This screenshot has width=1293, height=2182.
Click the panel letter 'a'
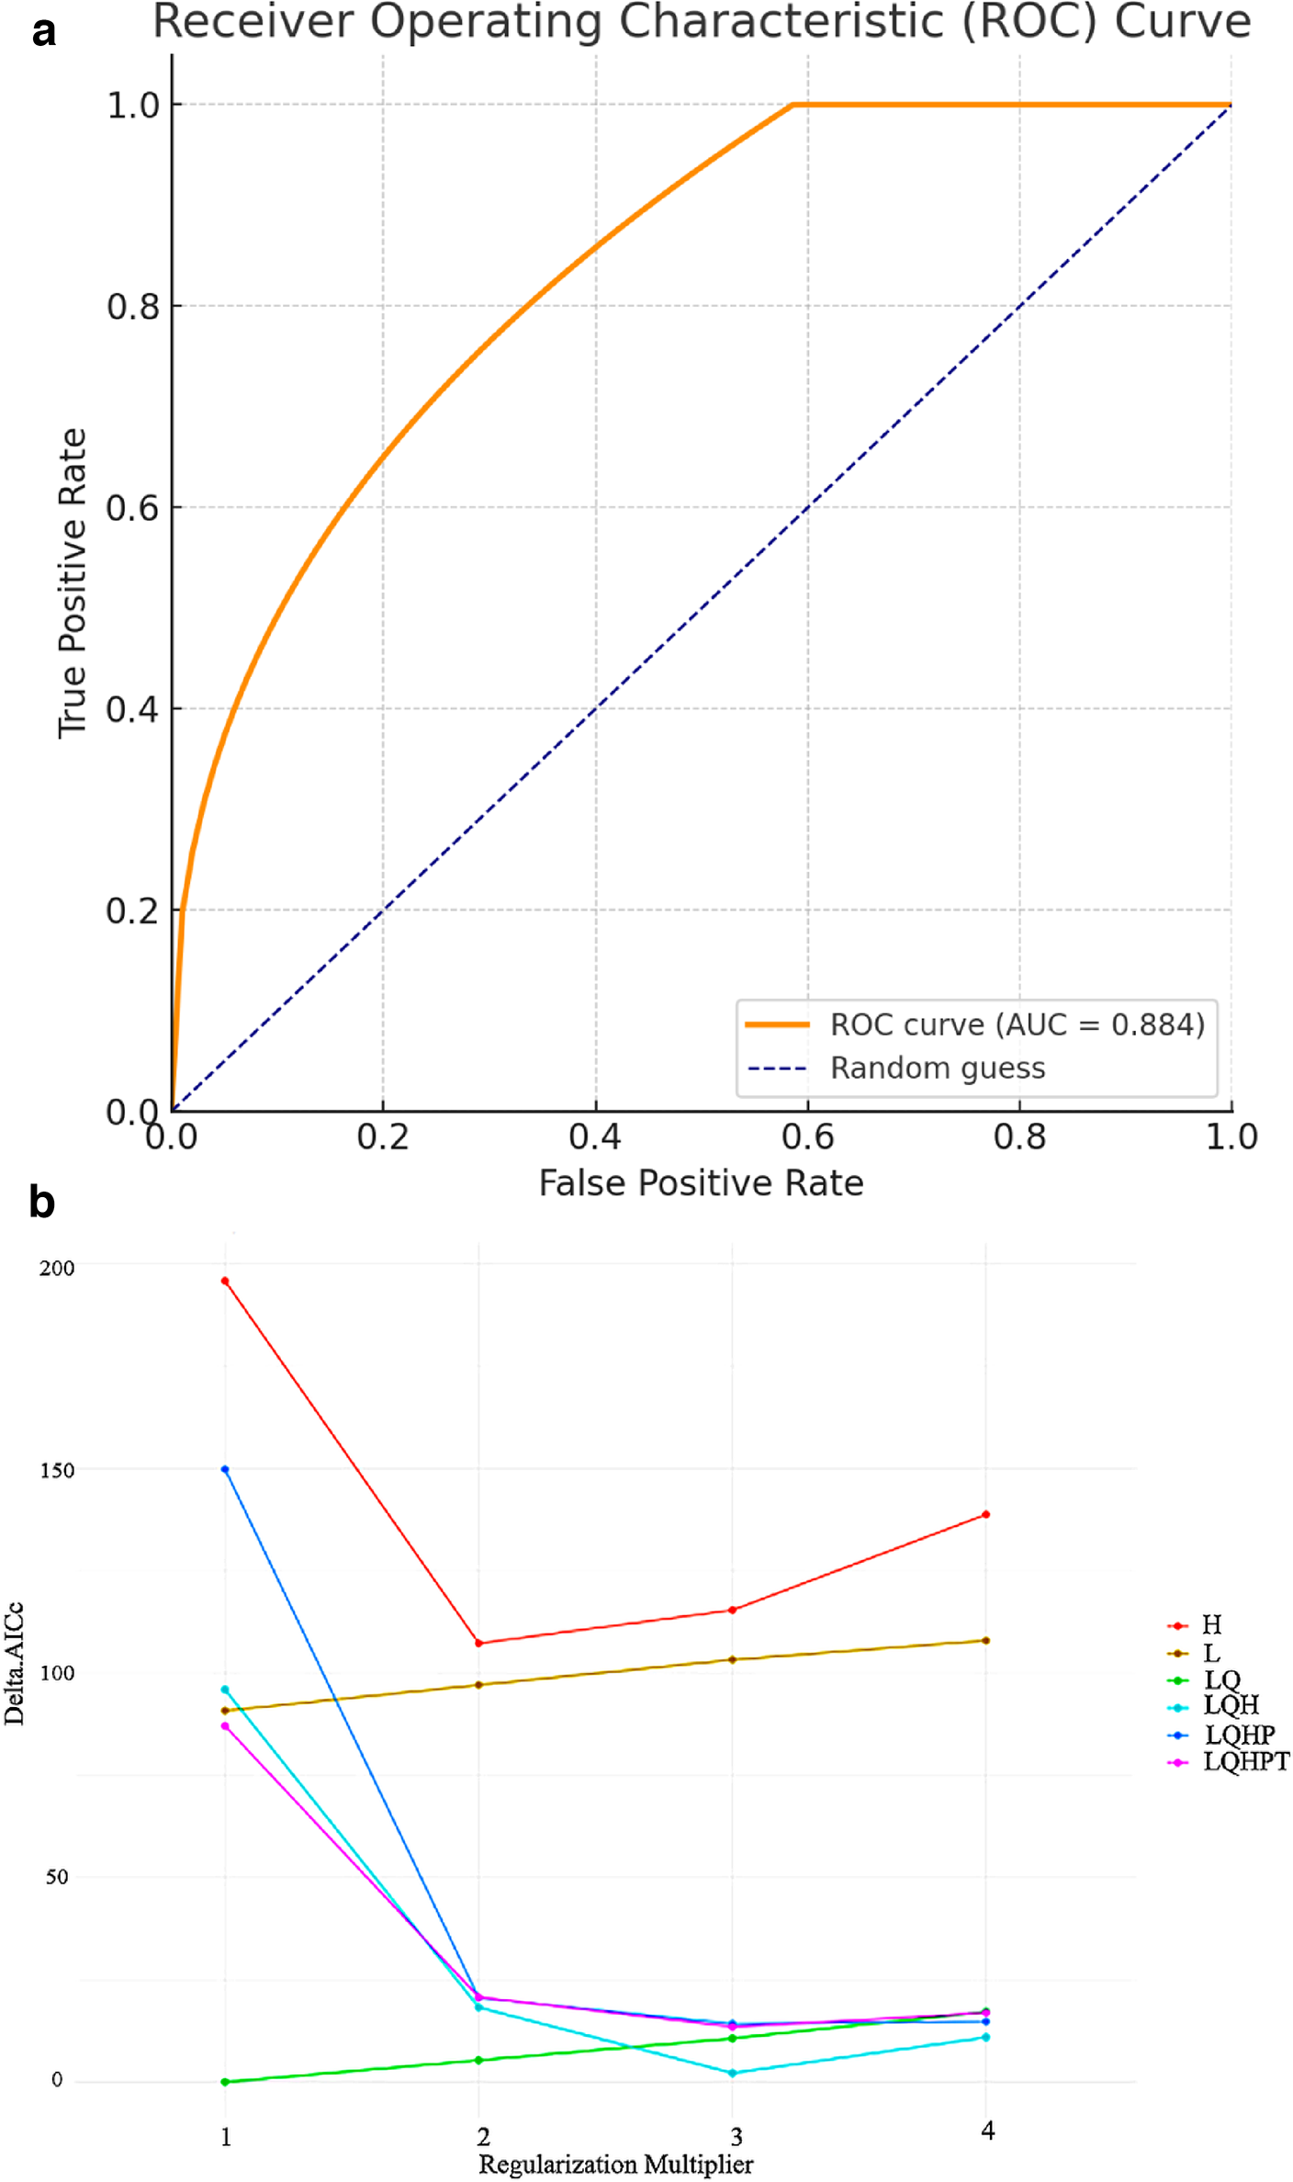[x=43, y=33]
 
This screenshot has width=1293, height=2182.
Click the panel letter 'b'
[x=41, y=1202]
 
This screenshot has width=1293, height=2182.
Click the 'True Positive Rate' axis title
[x=73, y=582]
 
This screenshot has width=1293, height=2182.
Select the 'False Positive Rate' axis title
[x=701, y=1183]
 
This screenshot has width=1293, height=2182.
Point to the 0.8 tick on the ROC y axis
[x=133, y=306]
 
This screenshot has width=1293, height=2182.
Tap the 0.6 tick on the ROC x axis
[x=807, y=1137]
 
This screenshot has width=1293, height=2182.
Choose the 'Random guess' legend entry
[x=937, y=1068]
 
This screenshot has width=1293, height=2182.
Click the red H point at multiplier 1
[x=225, y=1281]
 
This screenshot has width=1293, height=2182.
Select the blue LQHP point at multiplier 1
[x=225, y=1469]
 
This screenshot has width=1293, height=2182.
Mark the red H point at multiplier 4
[x=985, y=1514]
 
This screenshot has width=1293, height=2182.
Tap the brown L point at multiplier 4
[x=985, y=1640]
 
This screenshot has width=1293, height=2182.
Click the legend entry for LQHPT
[x=1245, y=1761]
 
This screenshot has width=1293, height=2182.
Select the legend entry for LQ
[x=1221, y=1679]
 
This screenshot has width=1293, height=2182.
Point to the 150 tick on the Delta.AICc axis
[x=57, y=1470]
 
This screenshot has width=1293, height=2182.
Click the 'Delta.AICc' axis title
[x=14, y=1663]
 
